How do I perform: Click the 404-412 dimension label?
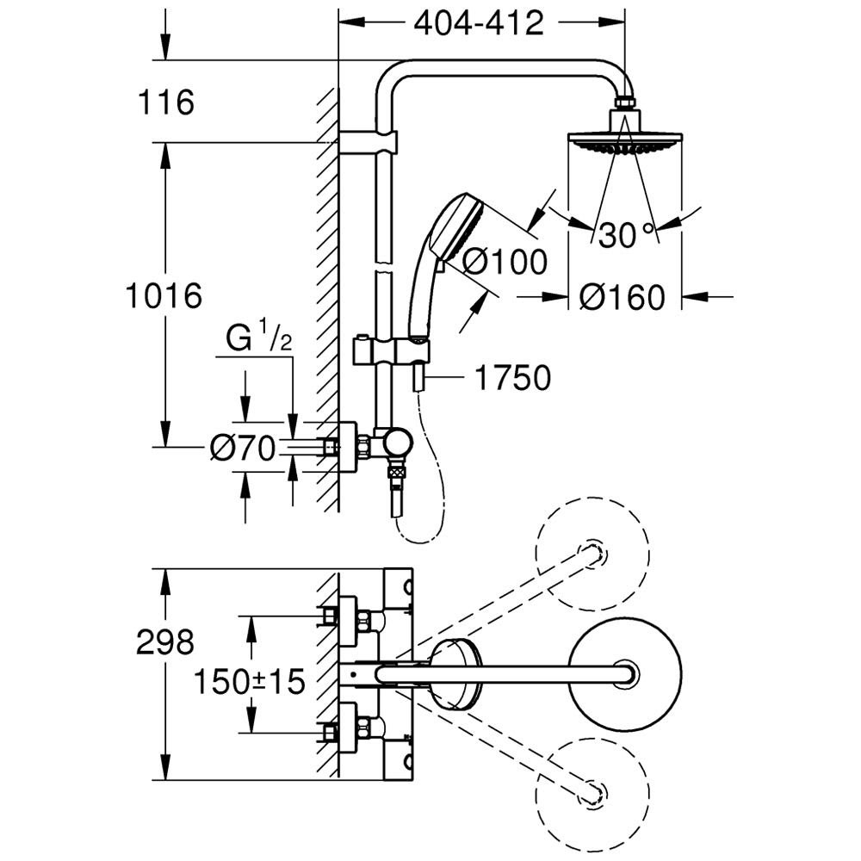pos(479,24)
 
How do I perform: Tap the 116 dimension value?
pos(165,103)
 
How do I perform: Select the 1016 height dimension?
pos(164,295)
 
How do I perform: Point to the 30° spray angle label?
pos(626,235)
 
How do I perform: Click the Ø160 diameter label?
pos(622,298)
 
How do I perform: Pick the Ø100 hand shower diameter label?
pos(505,261)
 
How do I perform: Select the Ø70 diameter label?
pos(242,447)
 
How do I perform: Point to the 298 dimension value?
pos(165,641)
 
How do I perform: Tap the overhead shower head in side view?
pos(626,143)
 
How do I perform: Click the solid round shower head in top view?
pos(626,673)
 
